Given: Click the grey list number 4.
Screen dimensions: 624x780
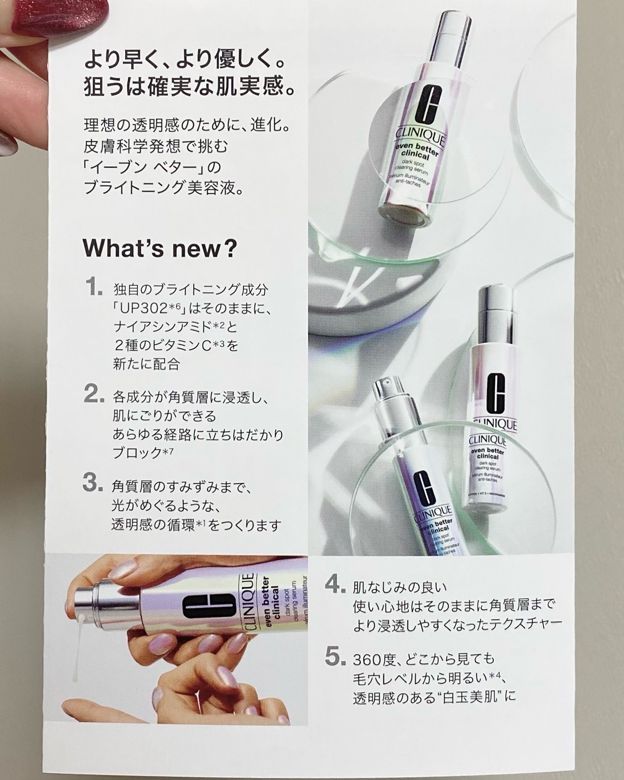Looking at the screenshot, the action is point(335,586).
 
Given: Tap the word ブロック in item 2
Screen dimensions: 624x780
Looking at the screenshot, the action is point(137,453).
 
